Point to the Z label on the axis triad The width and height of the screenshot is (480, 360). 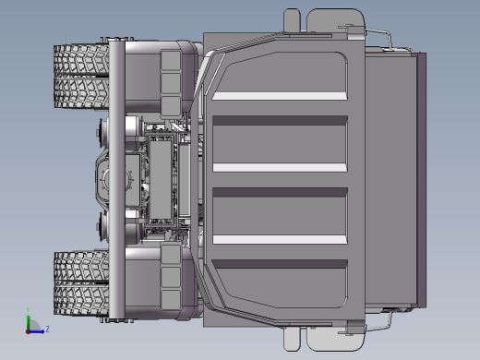coord(47,329)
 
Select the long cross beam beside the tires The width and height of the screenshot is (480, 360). coord(117,180)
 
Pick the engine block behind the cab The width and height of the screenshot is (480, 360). coord(166,179)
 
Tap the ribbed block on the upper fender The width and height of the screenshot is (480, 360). coord(171,74)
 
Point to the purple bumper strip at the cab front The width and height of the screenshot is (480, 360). coord(424,180)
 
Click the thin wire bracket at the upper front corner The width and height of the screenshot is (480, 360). coord(388,37)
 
